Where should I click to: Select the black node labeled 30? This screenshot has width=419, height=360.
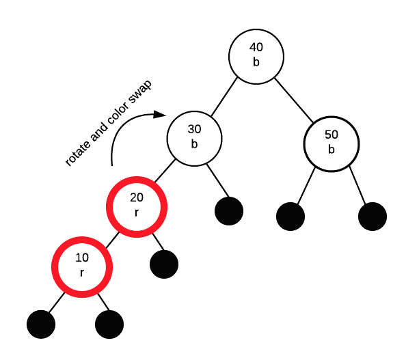coord(195,137)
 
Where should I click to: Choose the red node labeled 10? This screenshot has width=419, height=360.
coord(82,266)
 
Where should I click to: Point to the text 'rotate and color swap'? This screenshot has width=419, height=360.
coord(109,122)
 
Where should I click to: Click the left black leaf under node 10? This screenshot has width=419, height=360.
coord(42,324)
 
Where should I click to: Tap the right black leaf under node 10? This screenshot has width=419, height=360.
coord(109,324)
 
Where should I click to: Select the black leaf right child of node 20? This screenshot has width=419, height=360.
coord(163,263)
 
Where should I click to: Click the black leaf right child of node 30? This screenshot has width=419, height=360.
coord(229,210)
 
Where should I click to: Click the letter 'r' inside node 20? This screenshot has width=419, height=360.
coord(137,212)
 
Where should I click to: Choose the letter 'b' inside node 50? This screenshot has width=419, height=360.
coord(332,149)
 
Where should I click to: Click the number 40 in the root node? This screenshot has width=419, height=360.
coord(256,48)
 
